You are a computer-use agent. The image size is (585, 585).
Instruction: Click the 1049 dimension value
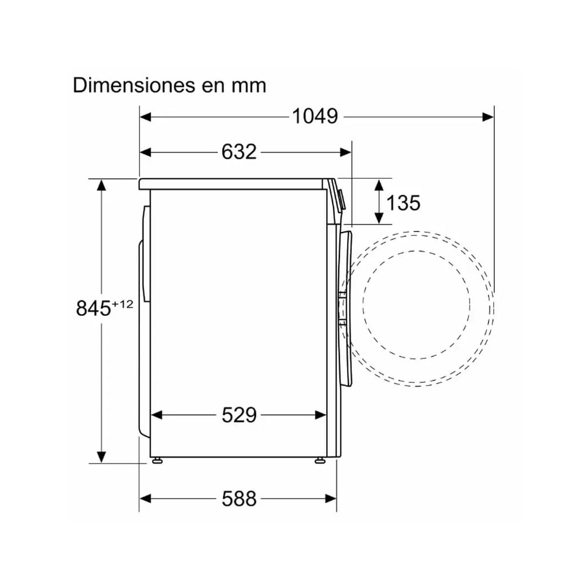pos(315,117)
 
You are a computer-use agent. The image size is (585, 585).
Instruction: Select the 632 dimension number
pos(239,152)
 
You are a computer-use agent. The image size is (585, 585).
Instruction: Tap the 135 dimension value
pos(403,203)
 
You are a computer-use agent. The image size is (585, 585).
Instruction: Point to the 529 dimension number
pos(239,415)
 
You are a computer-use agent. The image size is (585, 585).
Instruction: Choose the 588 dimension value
pos(239,498)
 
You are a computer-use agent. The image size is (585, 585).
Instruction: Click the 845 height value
pos(93,308)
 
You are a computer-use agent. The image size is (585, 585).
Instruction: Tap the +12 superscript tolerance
pos(122,304)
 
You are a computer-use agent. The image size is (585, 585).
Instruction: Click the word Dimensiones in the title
pos(134,86)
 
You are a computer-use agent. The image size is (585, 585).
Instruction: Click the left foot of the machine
pos(157,460)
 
